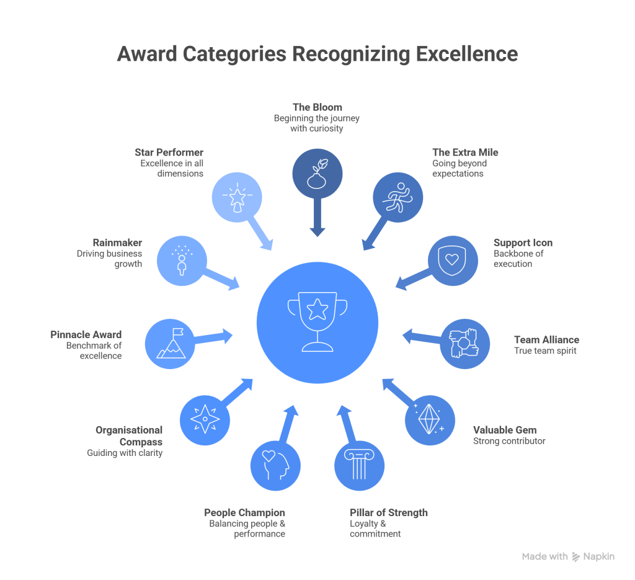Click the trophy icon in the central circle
click(x=317, y=323)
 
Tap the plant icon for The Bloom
click(x=317, y=172)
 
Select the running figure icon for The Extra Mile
click(x=397, y=197)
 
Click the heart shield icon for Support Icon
click(x=453, y=260)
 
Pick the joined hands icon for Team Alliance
click(x=464, y=343)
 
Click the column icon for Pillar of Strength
click(x=359, y=465)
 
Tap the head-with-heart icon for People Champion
click(x=275, y=465)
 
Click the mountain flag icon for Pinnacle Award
click(x=170, y=343)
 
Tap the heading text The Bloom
click(x=317, y=107)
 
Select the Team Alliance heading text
click(x=546, y=340)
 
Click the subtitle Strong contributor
click(x=508, y=441)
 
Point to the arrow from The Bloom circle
click(x=317, y=217)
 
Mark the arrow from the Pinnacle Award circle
click(x=214, y=337)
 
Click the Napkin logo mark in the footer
click(x=575, y=556)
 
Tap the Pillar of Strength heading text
click(x=388, y=513)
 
